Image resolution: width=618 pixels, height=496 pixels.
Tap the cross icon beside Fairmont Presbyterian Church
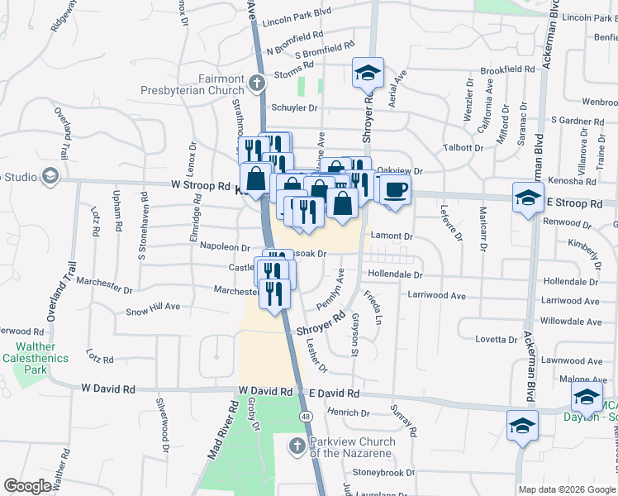[x=257, y=83]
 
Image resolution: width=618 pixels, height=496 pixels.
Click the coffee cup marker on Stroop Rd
[x=395, y=189]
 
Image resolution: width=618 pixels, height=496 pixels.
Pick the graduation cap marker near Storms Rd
[x=368, y=74]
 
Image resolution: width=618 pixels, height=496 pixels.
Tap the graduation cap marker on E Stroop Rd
[x=527, y=197]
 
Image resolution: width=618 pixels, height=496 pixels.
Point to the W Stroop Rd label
[x=201, y=186]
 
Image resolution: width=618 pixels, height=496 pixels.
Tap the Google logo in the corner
[x=27, y=486]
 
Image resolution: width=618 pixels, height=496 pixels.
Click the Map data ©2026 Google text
[x=567, y=489]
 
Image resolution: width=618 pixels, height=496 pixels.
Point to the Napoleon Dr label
[x=221, y=247]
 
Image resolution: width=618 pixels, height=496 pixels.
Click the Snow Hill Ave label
[x=153, y=308]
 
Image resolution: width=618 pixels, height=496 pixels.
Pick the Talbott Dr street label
[x=463, y=147]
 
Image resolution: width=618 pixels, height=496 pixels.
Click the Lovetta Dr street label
[x=496, y=339]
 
